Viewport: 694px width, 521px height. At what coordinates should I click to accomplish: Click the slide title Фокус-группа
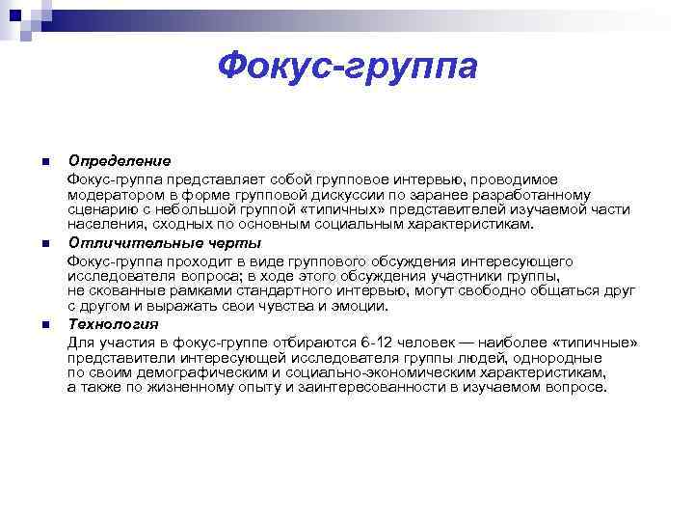click(x=347, y=68)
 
